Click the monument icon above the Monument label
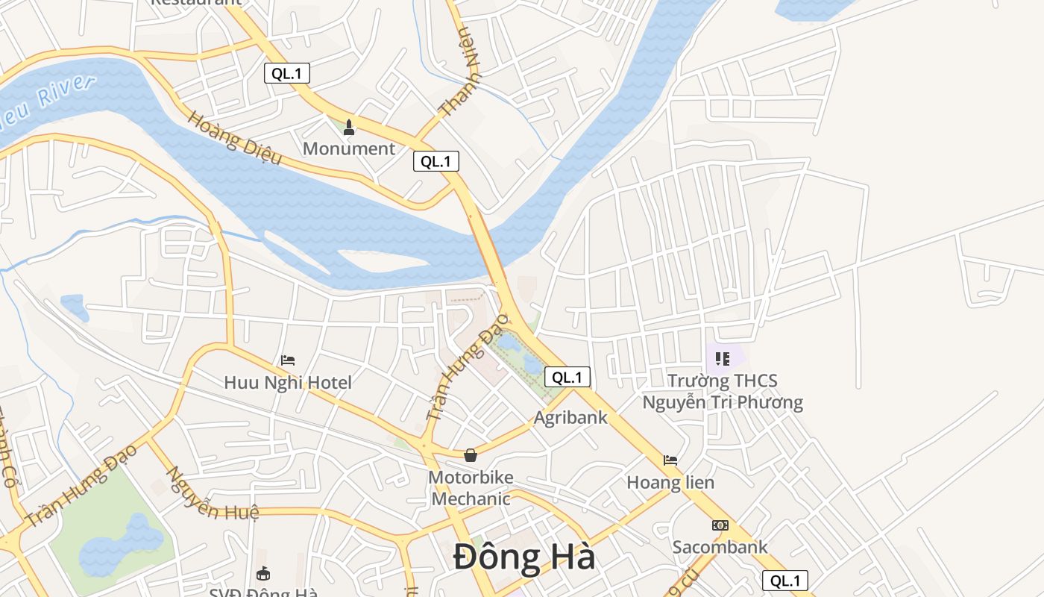348,128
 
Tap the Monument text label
348,149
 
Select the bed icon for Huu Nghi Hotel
288,360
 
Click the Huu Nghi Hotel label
288,383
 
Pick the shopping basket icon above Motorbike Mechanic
471,454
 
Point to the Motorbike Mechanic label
471,488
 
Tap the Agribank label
570,417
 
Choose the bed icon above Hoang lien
670,460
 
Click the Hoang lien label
670,482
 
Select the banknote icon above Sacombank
720,525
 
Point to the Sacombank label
720,547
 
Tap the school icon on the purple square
722,359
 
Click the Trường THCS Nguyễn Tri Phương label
723,392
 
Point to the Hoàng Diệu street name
235,138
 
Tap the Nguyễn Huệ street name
212,494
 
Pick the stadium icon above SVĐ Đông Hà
263,574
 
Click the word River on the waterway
66,93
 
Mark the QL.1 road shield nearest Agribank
567,377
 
